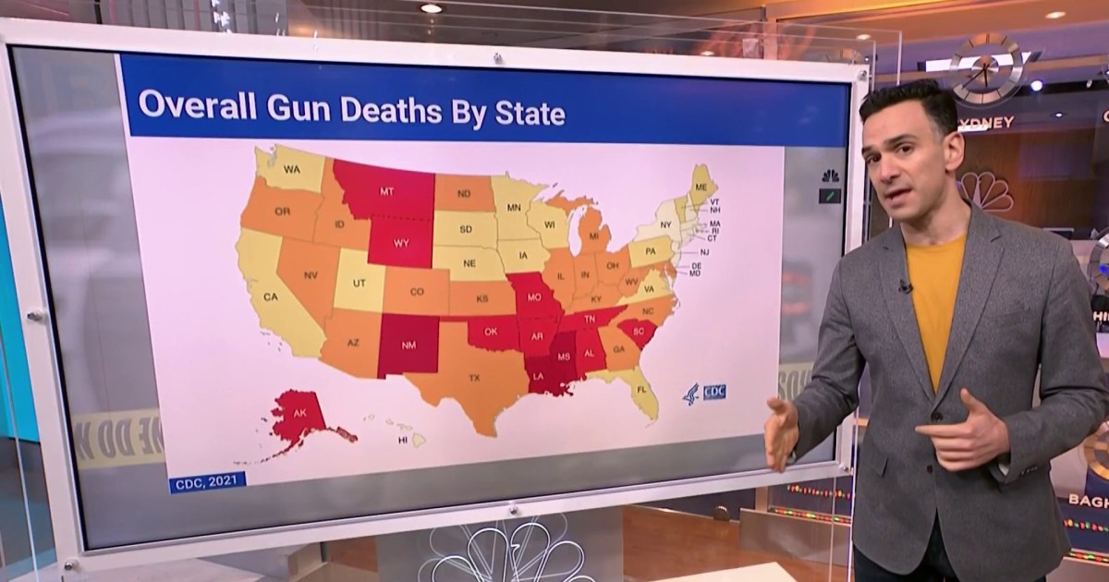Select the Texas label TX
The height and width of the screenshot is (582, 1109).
474,378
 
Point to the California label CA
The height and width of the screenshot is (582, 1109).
271,297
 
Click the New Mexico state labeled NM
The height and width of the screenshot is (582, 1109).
408,346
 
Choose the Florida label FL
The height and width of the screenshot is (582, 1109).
640,391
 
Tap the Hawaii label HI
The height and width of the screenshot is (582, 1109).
403,441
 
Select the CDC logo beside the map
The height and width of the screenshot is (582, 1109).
705,392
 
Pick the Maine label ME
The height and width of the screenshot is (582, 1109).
701,186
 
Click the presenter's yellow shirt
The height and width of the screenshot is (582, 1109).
936,296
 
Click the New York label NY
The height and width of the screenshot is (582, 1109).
666,224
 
